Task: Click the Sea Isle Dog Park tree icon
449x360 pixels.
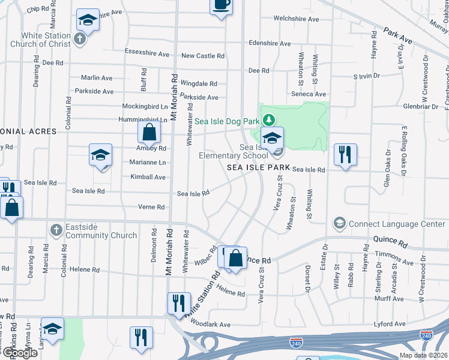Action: (269, 121)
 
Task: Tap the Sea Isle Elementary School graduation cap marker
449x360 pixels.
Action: (273, 139)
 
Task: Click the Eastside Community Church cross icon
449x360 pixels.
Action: (56, 230)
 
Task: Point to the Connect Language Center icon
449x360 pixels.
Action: (339, 224)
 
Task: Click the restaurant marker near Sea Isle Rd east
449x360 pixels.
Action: (345, 155)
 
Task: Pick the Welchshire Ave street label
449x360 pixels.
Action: (296, 19)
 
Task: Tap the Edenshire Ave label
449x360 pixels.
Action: (270, 44)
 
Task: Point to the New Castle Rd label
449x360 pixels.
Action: (203, 56)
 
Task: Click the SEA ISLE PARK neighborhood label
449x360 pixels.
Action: (255, 168)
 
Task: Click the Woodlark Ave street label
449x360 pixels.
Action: (211, 325)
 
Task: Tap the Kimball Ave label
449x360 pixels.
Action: (148, 177)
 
